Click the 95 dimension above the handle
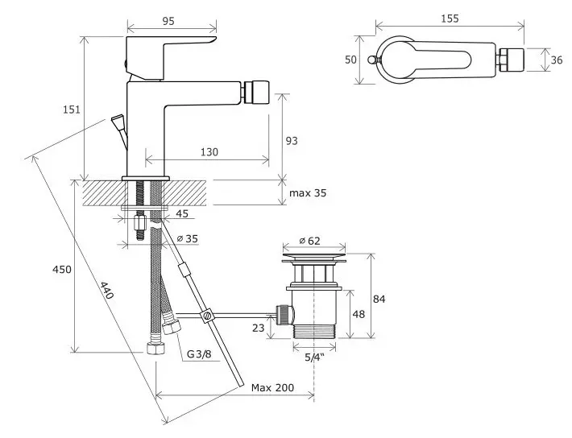pyautogui.click(x=168, y=21)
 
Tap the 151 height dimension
pyautogui.click(x=72, y=109)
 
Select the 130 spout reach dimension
pyautogui.click(x=209, y=151)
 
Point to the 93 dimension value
pyautogui.click(x=292, y=141)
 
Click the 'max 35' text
pyautogui.click(x=308, y=192)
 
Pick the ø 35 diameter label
pyautogui.click(x=187, y=238)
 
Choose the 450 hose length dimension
pyautogui.click(x=62, y=270)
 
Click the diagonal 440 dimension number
pyautogui.click(x=106, y=291)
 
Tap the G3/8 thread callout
pyautogui.click(x=199, y=353)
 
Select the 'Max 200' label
pyautogui.click(x=272, y=387)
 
